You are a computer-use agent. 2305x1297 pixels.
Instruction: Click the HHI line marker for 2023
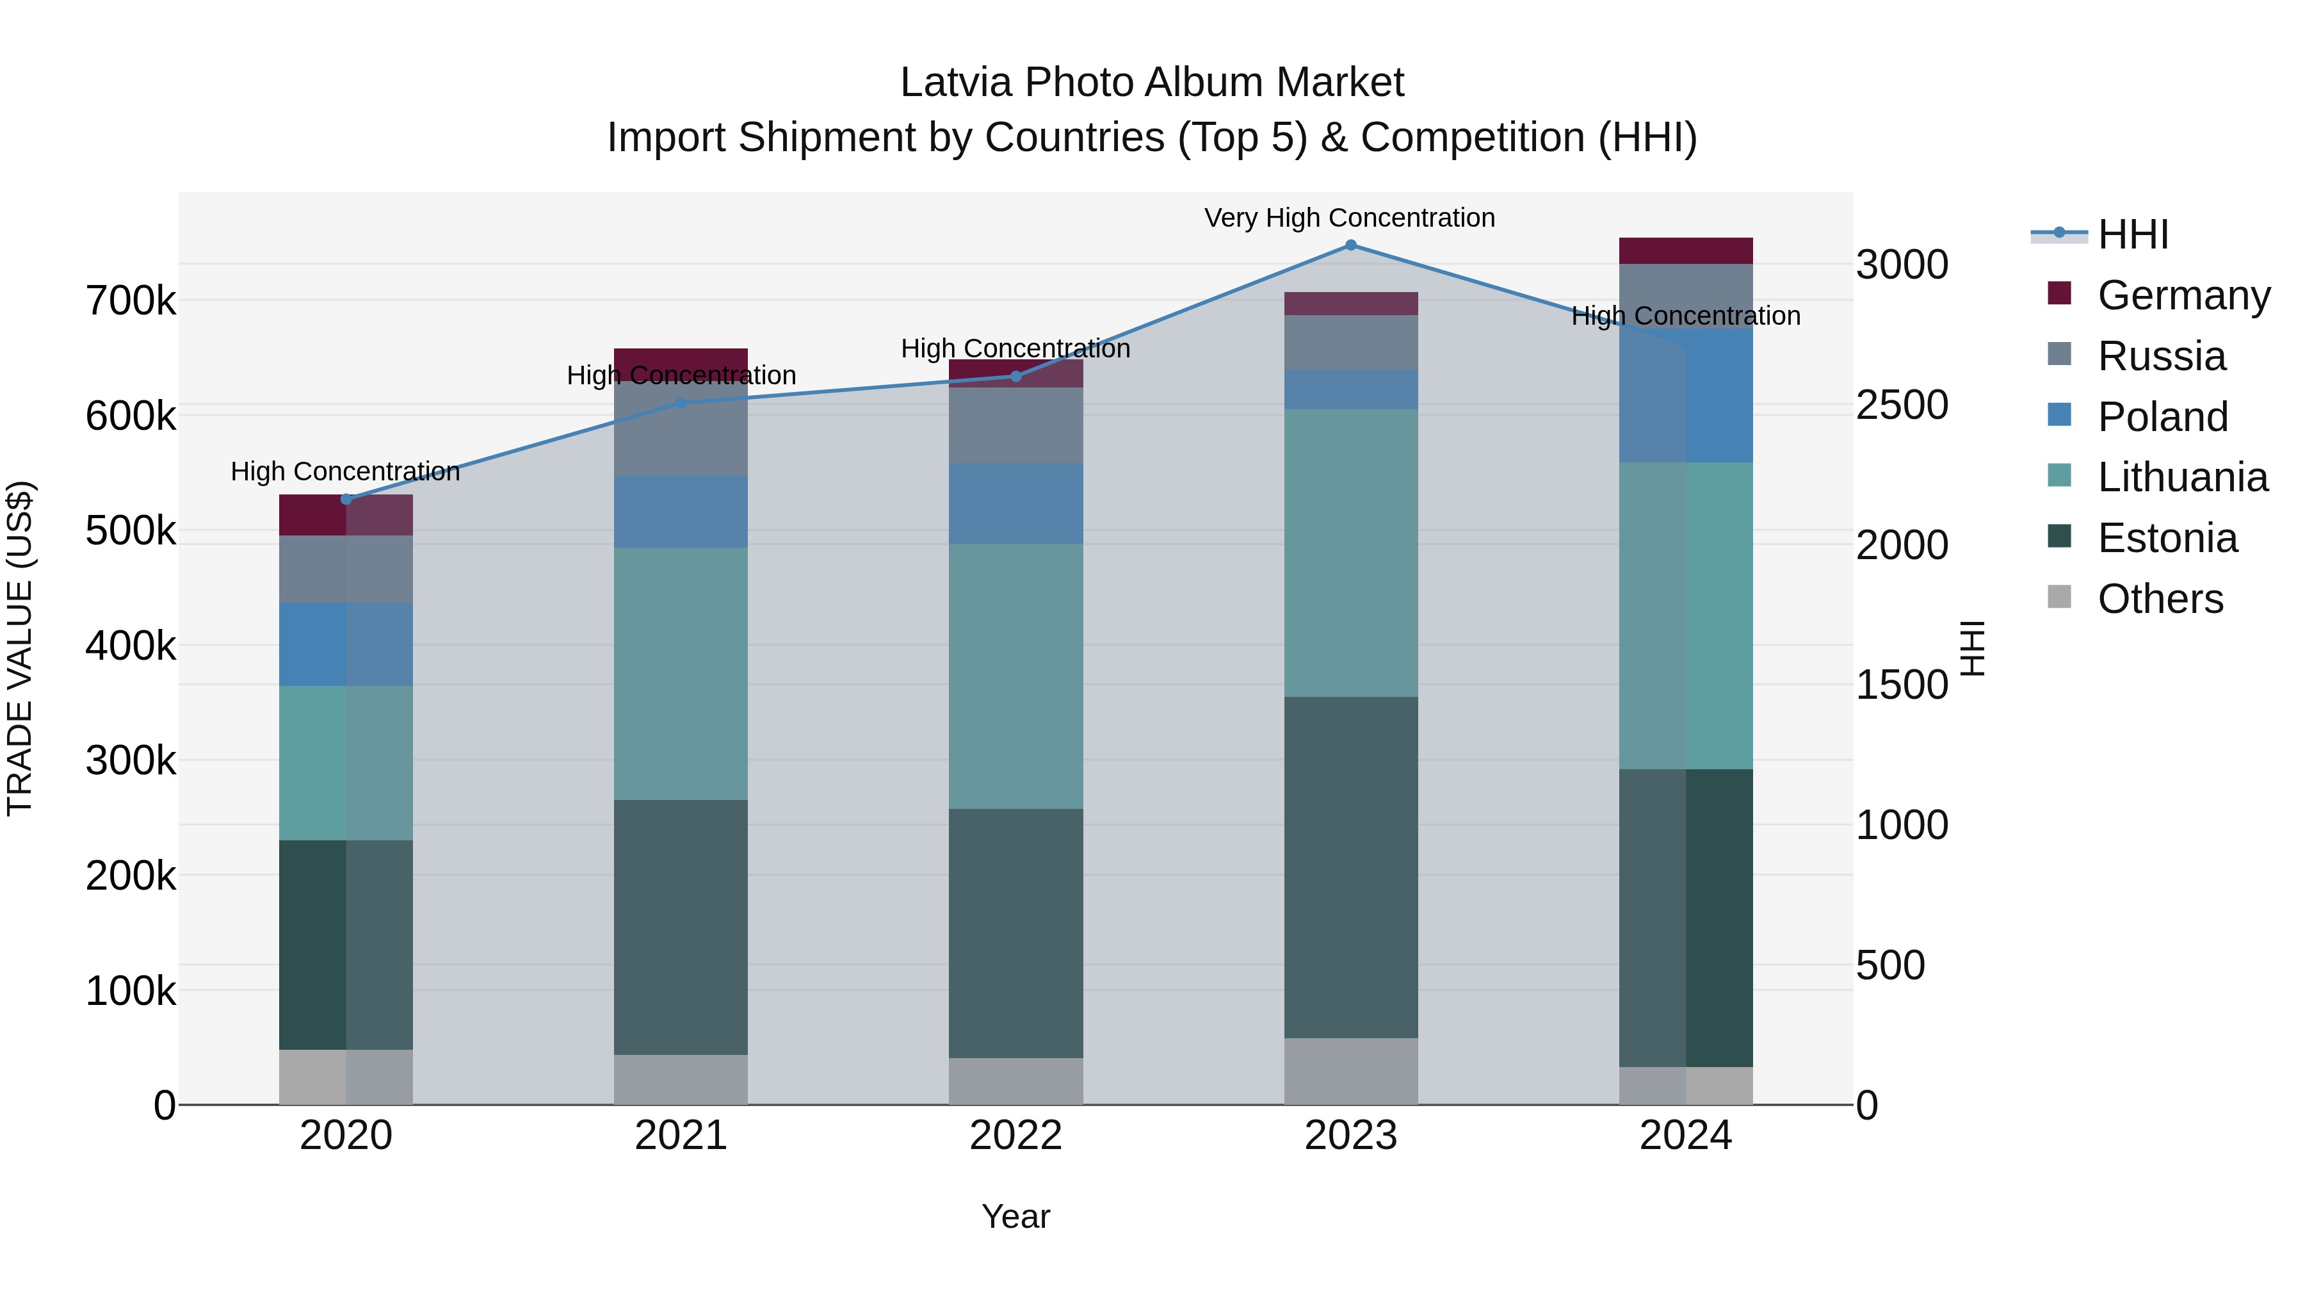pyautogui.click(x=1350, y=245)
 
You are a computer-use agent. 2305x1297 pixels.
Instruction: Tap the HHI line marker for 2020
pyautogui.click(x=346, y=500)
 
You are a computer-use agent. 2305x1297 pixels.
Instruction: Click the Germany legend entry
pyautogui.click(x=2183, y=295)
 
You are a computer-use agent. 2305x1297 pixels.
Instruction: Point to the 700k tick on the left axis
pyautogui.click(x=131, y=301)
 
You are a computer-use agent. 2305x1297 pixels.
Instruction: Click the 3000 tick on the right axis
pyautogui.click(x=1902, y=265)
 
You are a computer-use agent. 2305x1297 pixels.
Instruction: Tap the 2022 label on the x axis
pyautogui.click(x=1015, y=1136)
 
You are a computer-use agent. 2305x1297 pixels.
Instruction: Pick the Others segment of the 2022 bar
pyautogui.click(x=1015, y=1081)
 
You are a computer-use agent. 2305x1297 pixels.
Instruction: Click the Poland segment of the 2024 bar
pyautogui.click(x=1686, y=396)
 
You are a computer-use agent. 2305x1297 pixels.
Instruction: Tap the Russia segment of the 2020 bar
pyautogui.click(x=346, y=569)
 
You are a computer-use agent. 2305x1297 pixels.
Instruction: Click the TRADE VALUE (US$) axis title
pyautogui.click(x=20, y=648)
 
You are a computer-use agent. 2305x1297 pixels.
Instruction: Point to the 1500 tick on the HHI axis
pyautogui.click(x=1902, y=685)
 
